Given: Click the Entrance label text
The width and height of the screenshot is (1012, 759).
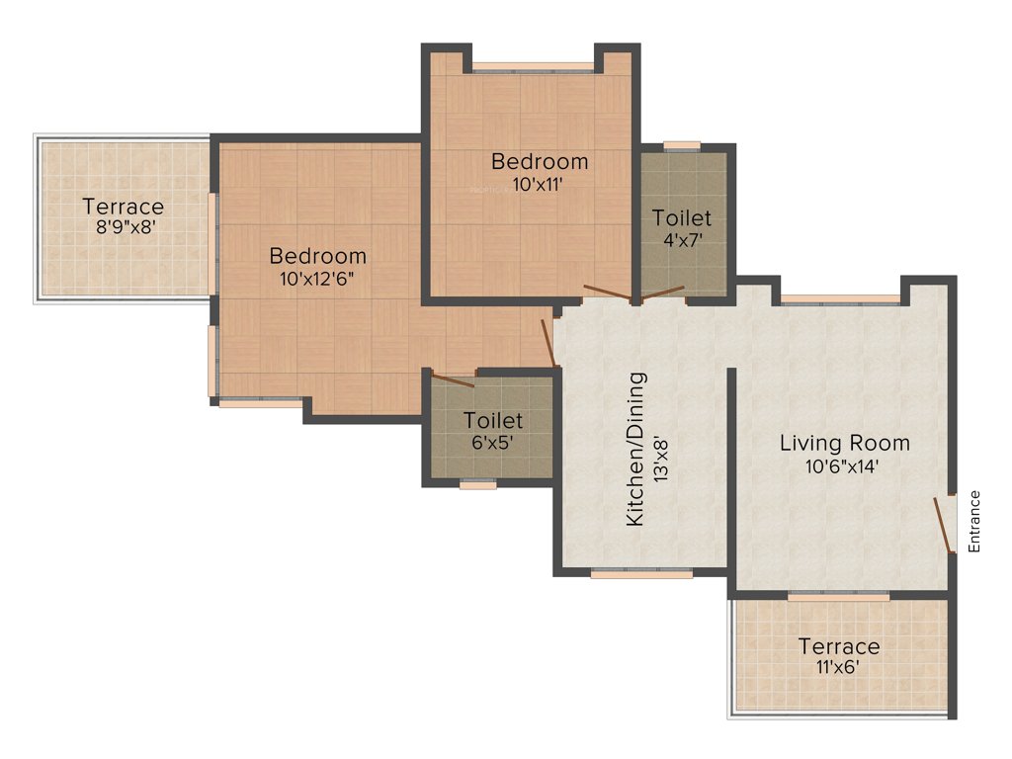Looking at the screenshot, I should [973, 521].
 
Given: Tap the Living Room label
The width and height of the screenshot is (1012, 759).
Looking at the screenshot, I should [844, 442].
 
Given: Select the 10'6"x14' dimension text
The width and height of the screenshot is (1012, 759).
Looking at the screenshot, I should [843, 466].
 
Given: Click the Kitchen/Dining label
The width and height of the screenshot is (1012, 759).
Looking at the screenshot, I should [636, 449].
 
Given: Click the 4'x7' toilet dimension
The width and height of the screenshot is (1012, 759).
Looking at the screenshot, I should [682, 239].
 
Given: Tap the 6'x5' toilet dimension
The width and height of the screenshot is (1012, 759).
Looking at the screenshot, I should [493, 443].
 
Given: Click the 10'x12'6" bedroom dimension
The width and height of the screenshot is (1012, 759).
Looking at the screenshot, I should [317, 278].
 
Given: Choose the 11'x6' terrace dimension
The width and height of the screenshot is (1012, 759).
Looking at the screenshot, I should [838, 667].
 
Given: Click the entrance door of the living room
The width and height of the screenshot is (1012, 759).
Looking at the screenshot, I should [944, 524].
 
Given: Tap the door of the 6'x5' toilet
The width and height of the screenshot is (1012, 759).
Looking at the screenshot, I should [454, 379].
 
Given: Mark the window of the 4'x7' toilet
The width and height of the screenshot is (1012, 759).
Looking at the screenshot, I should [681, 146].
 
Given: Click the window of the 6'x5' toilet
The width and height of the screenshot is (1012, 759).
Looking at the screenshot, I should [478, 484].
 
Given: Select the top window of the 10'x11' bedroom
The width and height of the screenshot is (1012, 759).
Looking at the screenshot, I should [533, 69].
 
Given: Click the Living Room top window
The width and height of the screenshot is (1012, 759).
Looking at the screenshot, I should [841, 298].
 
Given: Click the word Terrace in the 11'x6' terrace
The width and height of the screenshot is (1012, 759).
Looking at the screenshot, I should [838, 646].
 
